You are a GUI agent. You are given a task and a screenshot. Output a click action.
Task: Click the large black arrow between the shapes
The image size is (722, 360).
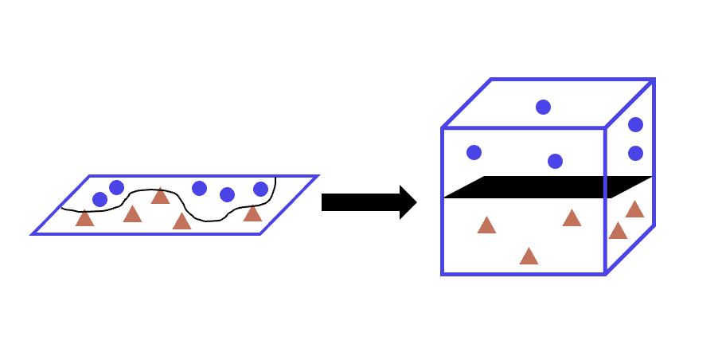point(362,202)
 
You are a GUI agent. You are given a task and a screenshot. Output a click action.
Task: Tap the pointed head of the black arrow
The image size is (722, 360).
point(409,202)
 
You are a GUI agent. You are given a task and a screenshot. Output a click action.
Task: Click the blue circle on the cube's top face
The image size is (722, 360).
point(543,107)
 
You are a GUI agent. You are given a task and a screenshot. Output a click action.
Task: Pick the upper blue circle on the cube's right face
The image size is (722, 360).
point(635,124)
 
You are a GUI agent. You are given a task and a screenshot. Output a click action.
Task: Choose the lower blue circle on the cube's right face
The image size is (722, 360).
point(635,153)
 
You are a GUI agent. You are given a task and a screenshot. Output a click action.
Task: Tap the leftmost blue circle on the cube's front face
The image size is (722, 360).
point(474,152)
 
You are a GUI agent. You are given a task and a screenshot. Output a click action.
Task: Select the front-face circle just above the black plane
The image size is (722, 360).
point(555,161)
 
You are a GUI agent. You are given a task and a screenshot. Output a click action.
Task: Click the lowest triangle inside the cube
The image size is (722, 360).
point(529,256)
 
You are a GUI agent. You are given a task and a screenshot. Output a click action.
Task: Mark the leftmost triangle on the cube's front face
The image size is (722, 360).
point(487,225)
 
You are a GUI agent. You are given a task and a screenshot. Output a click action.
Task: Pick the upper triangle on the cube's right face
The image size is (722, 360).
point(634,209)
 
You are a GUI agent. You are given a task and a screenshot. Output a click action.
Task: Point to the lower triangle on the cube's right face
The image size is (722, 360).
point(618,231)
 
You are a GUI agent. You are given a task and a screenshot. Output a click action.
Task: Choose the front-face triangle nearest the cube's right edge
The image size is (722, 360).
point(572,218)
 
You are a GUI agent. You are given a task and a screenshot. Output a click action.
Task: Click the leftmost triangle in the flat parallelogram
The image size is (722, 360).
point(84,218)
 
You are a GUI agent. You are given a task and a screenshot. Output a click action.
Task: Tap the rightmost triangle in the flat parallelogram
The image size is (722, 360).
point(252,213)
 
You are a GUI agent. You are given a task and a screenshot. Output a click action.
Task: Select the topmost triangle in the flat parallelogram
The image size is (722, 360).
point(160,196)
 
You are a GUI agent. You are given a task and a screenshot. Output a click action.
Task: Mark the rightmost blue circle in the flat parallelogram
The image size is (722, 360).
point(260,189)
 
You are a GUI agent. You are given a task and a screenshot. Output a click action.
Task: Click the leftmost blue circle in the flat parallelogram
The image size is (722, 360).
point(100,199)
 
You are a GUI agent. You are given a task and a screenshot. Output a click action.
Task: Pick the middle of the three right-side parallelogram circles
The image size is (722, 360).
point(227,194)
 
